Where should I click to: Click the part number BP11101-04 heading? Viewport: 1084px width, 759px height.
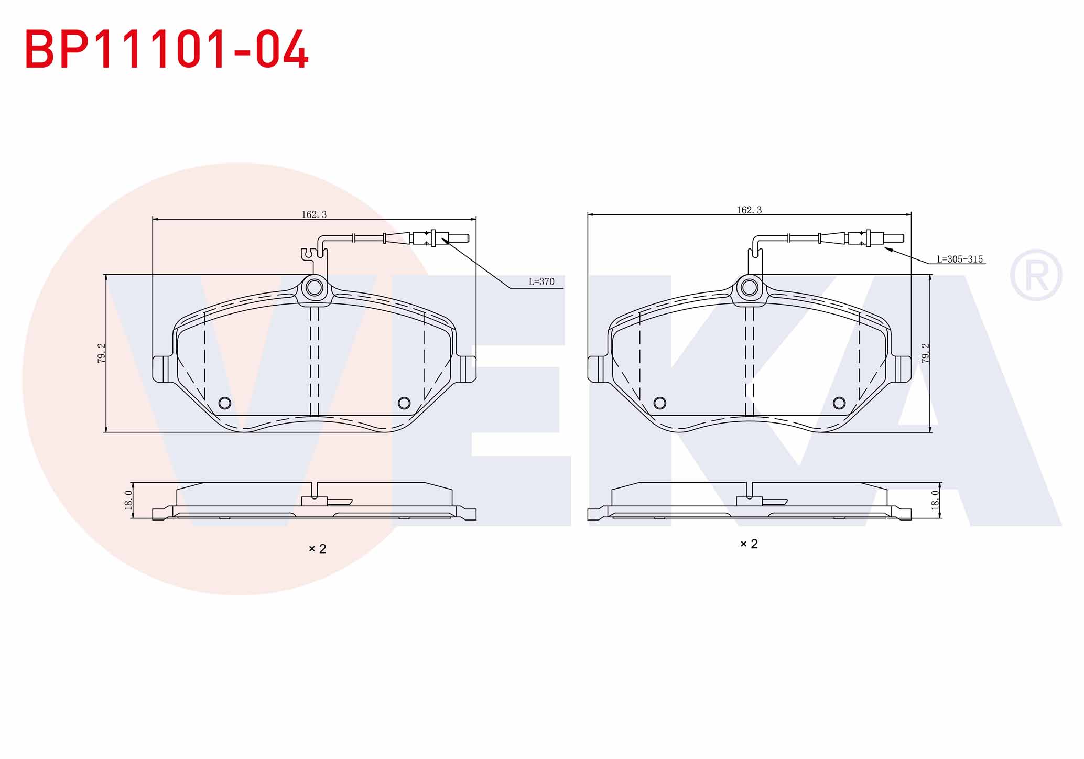pyautogui.click(x=167, y=49)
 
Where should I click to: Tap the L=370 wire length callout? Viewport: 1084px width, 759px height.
pyautogui.click(x=541, y=281)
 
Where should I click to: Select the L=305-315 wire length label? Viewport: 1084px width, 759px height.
pyautogui.click(x=960, y=259)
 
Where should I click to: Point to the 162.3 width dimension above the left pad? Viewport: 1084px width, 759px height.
pyautogui.click(x=314, y=214)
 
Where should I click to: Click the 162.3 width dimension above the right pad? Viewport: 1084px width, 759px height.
pyautogui.click(x=749, y=210)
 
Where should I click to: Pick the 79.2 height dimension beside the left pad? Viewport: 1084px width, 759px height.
pyautogui.click(x=102, y=353)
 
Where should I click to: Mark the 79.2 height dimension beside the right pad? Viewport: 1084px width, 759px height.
pyautogui.click(x=925, y=353)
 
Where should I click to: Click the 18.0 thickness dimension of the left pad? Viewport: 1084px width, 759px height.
pyautogui.click(x=128, y=500)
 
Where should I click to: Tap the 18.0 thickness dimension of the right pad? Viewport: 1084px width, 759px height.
pyautogui.click(x=935, y=500)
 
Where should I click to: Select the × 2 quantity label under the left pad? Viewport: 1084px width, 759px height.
pyautogui.click(x=317, y=549)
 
